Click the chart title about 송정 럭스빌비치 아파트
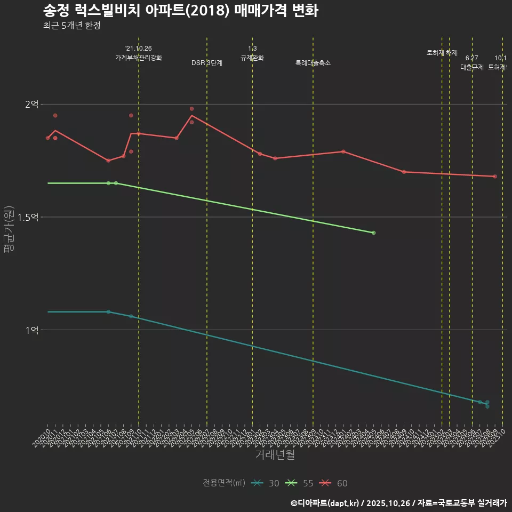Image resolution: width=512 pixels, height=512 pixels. coord(181,11)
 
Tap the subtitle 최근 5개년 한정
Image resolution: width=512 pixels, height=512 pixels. coord(71,26)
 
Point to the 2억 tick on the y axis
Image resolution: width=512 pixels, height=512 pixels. coord(31,105)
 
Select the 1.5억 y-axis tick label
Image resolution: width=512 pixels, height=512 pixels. coord(28,217)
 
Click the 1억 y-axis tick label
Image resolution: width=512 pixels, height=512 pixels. coord(31,330)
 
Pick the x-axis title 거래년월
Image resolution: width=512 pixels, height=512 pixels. coord(275,455)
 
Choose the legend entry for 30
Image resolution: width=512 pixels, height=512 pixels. coord(266,483)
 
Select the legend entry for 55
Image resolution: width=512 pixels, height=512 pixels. coord(300,483)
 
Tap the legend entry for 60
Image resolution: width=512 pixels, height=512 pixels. coord(334,483)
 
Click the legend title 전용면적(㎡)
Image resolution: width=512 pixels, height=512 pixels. coord(223,483)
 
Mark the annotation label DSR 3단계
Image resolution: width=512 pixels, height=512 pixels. coord(207,63)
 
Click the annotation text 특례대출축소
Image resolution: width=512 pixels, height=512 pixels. coord(313,63)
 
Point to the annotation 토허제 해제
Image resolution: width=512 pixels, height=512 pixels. coord(442,53)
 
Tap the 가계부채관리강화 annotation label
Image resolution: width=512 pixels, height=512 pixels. coord(139,57)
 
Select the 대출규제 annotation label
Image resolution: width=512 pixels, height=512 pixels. coord(472,67)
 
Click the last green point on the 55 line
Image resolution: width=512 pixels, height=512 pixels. coord(373,233)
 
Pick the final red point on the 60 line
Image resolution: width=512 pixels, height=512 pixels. coord(495,177)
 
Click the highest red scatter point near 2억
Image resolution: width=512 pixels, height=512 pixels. coord(191,109)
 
